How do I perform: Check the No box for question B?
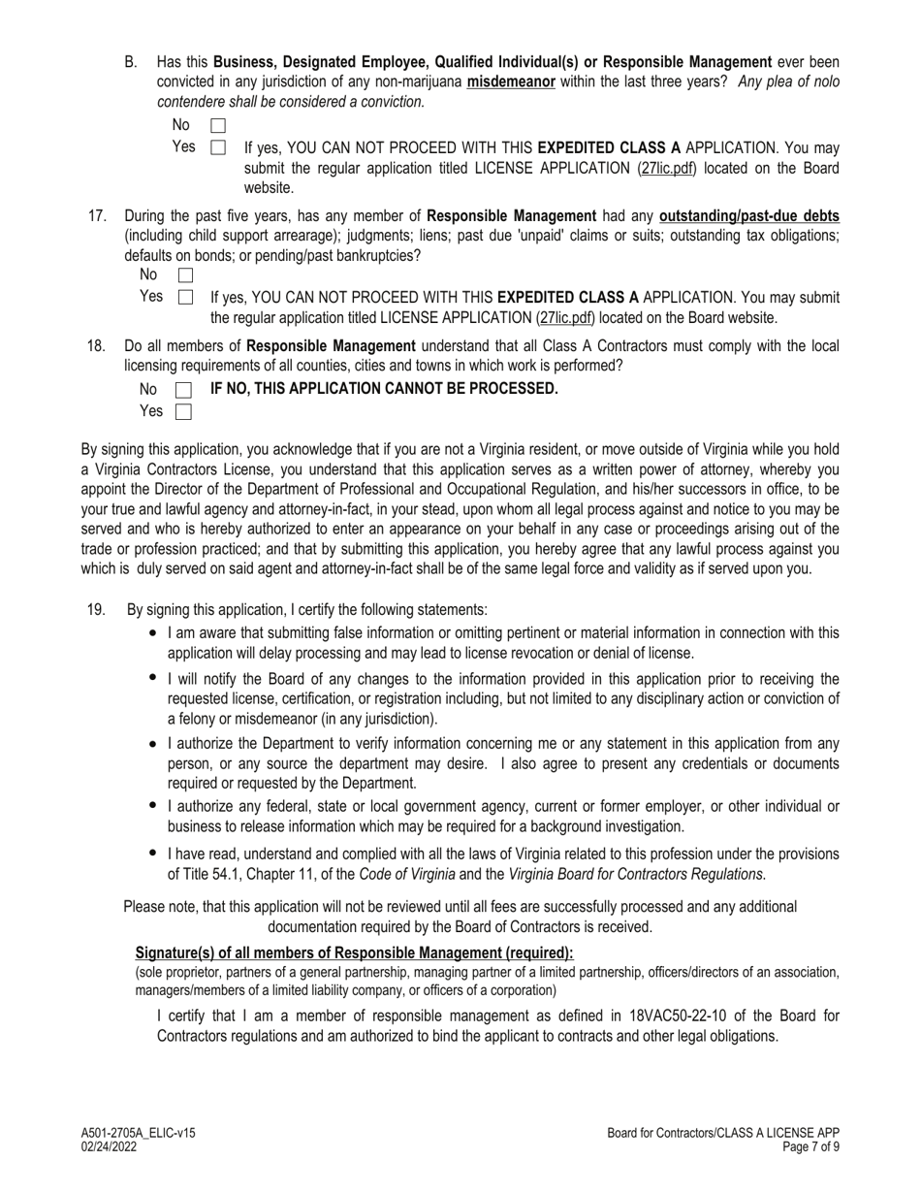pyautogui.click(x=218, y=126)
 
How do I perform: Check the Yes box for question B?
pyautogui.click(x=218, y=148)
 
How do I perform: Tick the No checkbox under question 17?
pyautogui.click(x=185, y=276)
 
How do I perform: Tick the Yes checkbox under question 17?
pyautogui.click(x=185, y=298)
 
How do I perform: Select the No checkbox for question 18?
pyautogui.click(x=183, y=390)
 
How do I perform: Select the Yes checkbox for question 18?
pyautogui.click(x=183, y=412)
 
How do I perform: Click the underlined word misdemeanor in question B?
pyautogui.click(x=511, y=82)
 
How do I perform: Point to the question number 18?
pyautogui.click(x=96, y=346)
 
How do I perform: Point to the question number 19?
pyautogui.click(x=96, y=610)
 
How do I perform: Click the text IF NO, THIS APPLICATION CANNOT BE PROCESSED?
pyautogui.click(x=384, y=389)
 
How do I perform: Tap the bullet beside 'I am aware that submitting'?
pyautogui.click(x=153, y=632)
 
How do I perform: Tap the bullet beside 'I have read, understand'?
pyautogui.click(x=153, y=854)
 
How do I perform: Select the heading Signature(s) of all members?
pyautogui.click(x=354, y=952)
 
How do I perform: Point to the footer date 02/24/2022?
pyautogui.click(x=109, y=1146)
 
